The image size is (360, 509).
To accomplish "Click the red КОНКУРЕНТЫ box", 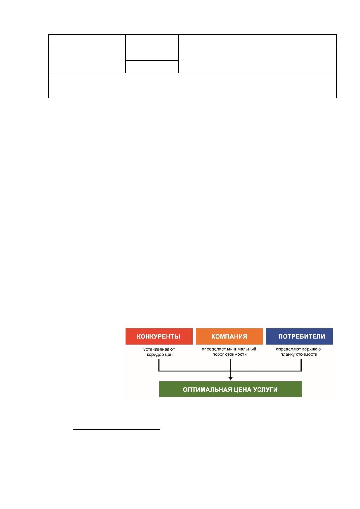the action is pyautogui.click(x=159, y=336).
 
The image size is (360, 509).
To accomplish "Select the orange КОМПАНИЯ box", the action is pyautogui.click(x=229, y=336).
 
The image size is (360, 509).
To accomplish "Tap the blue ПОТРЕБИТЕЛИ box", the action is pyautogui.click(x=299, y=336).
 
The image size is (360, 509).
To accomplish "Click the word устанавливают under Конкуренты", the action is pyautogui.click(x=159, y=349).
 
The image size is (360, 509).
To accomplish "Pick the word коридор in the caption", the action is pyautogui.click(x=154, y=355).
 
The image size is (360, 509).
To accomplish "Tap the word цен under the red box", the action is pyautogui.click(x=168, y=355).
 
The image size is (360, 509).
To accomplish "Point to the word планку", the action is pyautogui.click(x=287, y=355).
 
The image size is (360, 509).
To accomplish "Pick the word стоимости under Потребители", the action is pyautogui.click(x=307, y=355).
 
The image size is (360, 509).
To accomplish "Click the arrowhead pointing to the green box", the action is pyautogui.click(x=230, y=378).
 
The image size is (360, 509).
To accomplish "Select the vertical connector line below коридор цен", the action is pyautogui.click(x=159, y=365).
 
